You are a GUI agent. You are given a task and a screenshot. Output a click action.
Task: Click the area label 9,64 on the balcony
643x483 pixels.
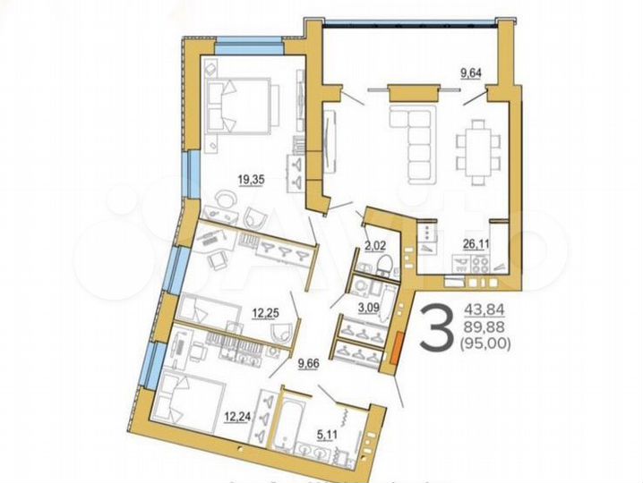pyautogui.click(x=472, y=74)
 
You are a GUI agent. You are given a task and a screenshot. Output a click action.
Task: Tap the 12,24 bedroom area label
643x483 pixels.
pyautogui.click(x=236, y=415)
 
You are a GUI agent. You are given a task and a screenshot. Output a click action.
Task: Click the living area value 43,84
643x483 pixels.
pyautogui.click(x=484, y=310)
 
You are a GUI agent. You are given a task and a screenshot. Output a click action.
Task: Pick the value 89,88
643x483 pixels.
pyautogui.click(x=484, y=326)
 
